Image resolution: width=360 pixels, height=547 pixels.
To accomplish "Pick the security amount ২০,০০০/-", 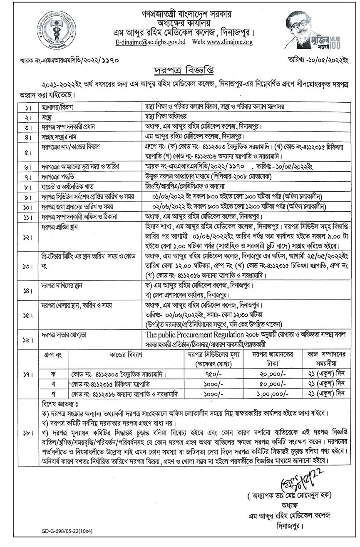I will (x=272, y=374).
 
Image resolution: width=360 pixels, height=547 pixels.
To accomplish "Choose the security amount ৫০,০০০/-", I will (x=272, y=383).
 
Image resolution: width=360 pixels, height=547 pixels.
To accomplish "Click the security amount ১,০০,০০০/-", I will (x=272, y=392).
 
